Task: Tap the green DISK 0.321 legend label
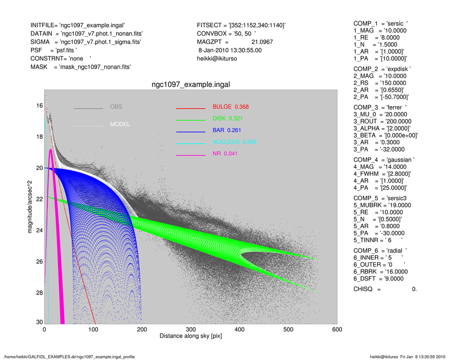click(227, 119)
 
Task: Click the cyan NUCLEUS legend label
click(234, 142)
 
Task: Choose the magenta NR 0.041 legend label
click(225, 154)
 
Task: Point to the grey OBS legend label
click(116, 107)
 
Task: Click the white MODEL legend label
click(120, 125)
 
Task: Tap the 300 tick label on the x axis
click(191, 329)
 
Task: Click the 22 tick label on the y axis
click(39, 199)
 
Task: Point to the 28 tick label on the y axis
click(39, 293)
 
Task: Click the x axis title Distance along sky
click(191, 337)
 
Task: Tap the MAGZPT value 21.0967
click(262, 42)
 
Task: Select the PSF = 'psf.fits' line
click(54, 50)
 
